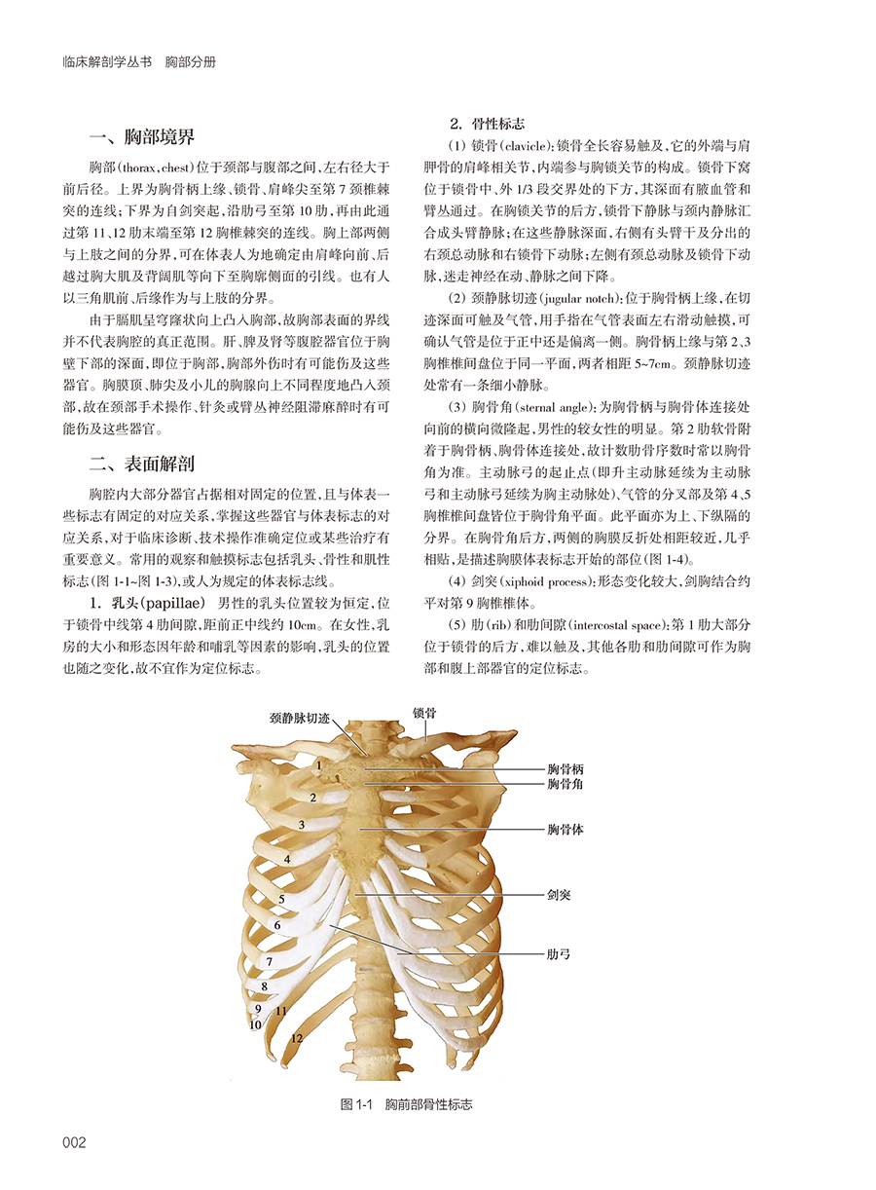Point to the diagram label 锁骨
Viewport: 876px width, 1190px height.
pos(424,713)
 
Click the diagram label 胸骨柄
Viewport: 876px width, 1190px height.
pos(565,768)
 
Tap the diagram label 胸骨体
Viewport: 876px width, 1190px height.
pos(565,830)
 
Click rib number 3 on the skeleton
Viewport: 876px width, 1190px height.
pos(302,826)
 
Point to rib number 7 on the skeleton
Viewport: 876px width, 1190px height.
pos(269,962)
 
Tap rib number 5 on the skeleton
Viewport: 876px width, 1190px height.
pos(281,899)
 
